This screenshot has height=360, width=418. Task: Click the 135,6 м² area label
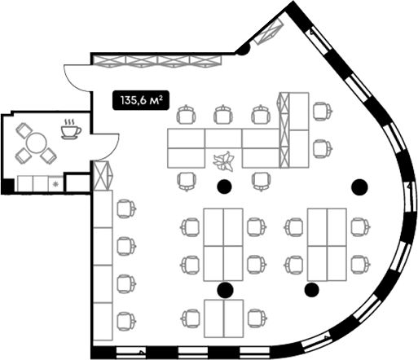141,100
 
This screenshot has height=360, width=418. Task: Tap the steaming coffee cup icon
71,129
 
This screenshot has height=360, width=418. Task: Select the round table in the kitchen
37,143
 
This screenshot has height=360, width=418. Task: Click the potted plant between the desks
224,162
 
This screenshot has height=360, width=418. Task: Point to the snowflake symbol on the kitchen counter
56,185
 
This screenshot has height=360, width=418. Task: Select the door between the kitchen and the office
105,147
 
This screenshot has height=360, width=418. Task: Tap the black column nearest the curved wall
359,187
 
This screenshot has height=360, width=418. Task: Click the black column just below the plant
224,187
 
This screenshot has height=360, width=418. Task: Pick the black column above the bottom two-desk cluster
225,290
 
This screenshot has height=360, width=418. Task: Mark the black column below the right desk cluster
312,290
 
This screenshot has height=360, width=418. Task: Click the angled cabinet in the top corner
268,31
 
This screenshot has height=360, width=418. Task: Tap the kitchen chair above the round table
24,130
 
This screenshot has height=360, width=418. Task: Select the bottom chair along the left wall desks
126,321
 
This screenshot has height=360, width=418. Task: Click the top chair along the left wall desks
126,209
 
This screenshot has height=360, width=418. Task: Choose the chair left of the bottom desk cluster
191,318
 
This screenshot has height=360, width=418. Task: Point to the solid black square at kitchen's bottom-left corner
8,186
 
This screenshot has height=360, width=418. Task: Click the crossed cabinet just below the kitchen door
103,176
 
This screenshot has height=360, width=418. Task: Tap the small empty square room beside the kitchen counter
78,183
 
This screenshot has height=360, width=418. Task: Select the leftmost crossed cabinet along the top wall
109,61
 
